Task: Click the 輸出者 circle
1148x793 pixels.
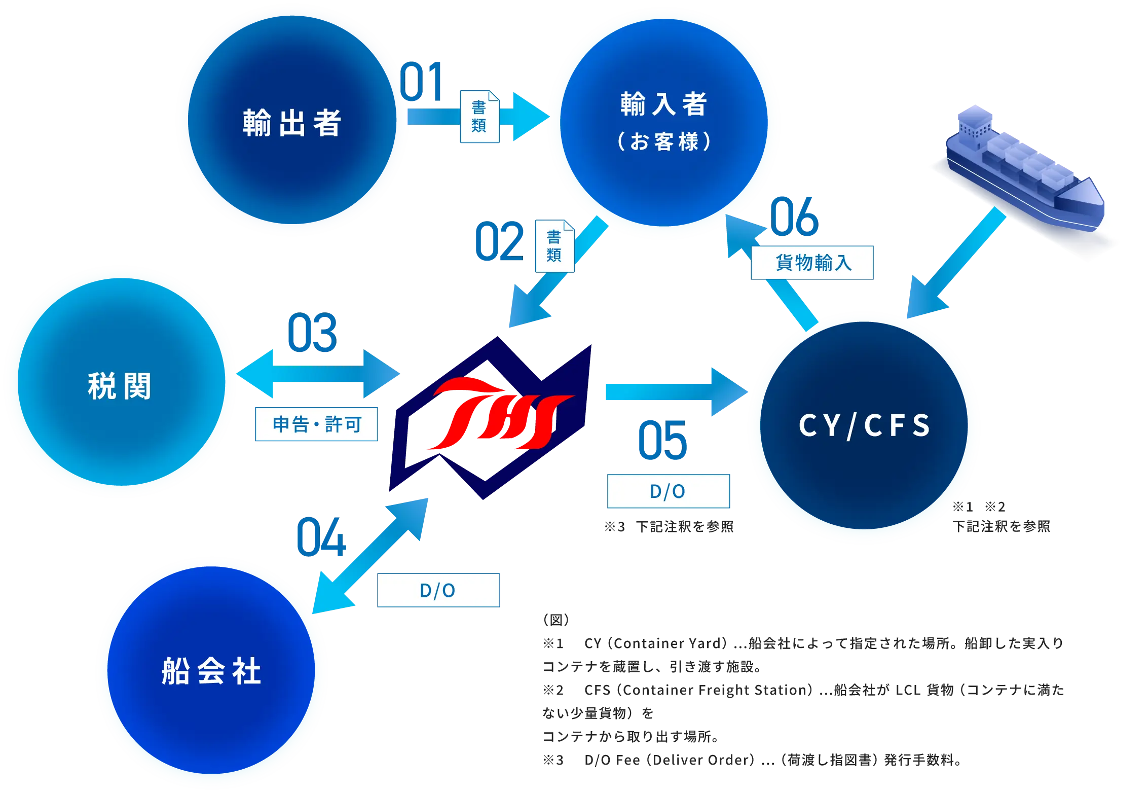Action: pyautogui.click(x=292, y=121)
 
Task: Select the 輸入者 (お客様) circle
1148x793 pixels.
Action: pyautogui.click(x=663, y=123)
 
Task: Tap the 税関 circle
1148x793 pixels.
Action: pyautogui.click(x=119, y=382)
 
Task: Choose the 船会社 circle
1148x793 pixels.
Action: pyautogui.click(x=212, y=672)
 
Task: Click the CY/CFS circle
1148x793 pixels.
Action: pyautogui.click(x=864, y=427)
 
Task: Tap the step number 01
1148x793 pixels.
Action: pyautogui.click(x=422, y=82)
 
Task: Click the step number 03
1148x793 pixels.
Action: pyautogui.click(x=312, y=333)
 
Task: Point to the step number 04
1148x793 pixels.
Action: pyautogui.click(x=321, y=537)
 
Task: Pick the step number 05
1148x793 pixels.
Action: pyautogui.click(x=662, y=440)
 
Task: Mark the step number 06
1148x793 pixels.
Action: pyautogui.click(x=794, y=217)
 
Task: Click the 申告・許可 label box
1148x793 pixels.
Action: pyautogui.click(x=317, y=424)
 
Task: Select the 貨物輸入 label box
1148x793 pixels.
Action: pyautogui.click(x=812, y=262)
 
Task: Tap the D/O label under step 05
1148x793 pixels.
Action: pyautogui.click(x=668, y=491)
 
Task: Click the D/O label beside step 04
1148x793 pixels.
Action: pyautogui.click(x=439, y=590)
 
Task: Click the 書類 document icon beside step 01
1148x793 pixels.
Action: pyautogui.click(x=479, y=117)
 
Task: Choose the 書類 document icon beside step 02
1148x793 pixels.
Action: pyautogui.click(x=554, y=246)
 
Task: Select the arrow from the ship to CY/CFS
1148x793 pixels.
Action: pyautogui.click(x=953, y=266)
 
